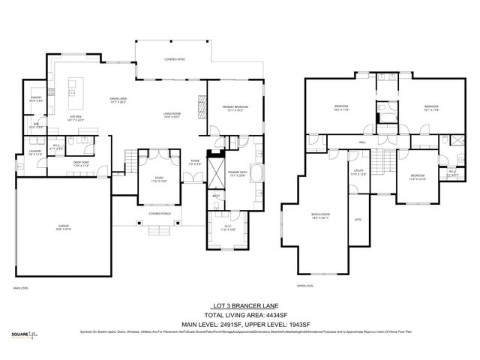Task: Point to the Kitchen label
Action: tap(76, 117)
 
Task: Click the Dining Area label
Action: tap(119, 99)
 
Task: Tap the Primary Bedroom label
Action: tap(235, 108)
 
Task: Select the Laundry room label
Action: tap(34, 152)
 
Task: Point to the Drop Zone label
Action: tap(82, 163)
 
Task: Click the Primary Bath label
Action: tap(237, 172)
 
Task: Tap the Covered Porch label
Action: tap(160, 214)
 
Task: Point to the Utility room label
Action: tap(358, 172)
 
